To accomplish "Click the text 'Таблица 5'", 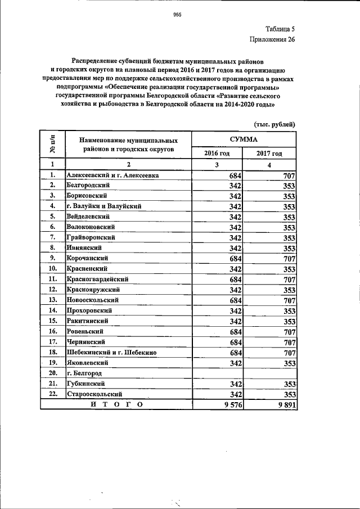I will pyautogui.click(x=280, y=28).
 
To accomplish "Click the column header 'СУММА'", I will pyautogui.click(x=244, y=138).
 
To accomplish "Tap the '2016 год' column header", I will pyautogui.click(x=217, y=153).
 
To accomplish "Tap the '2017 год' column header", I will pyautogui.click(x=269, y=153).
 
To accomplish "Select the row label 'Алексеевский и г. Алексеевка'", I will pyautogui.click(x=112, y=175).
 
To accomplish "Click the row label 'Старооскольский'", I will pyautogui.click(x=94, y=394).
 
